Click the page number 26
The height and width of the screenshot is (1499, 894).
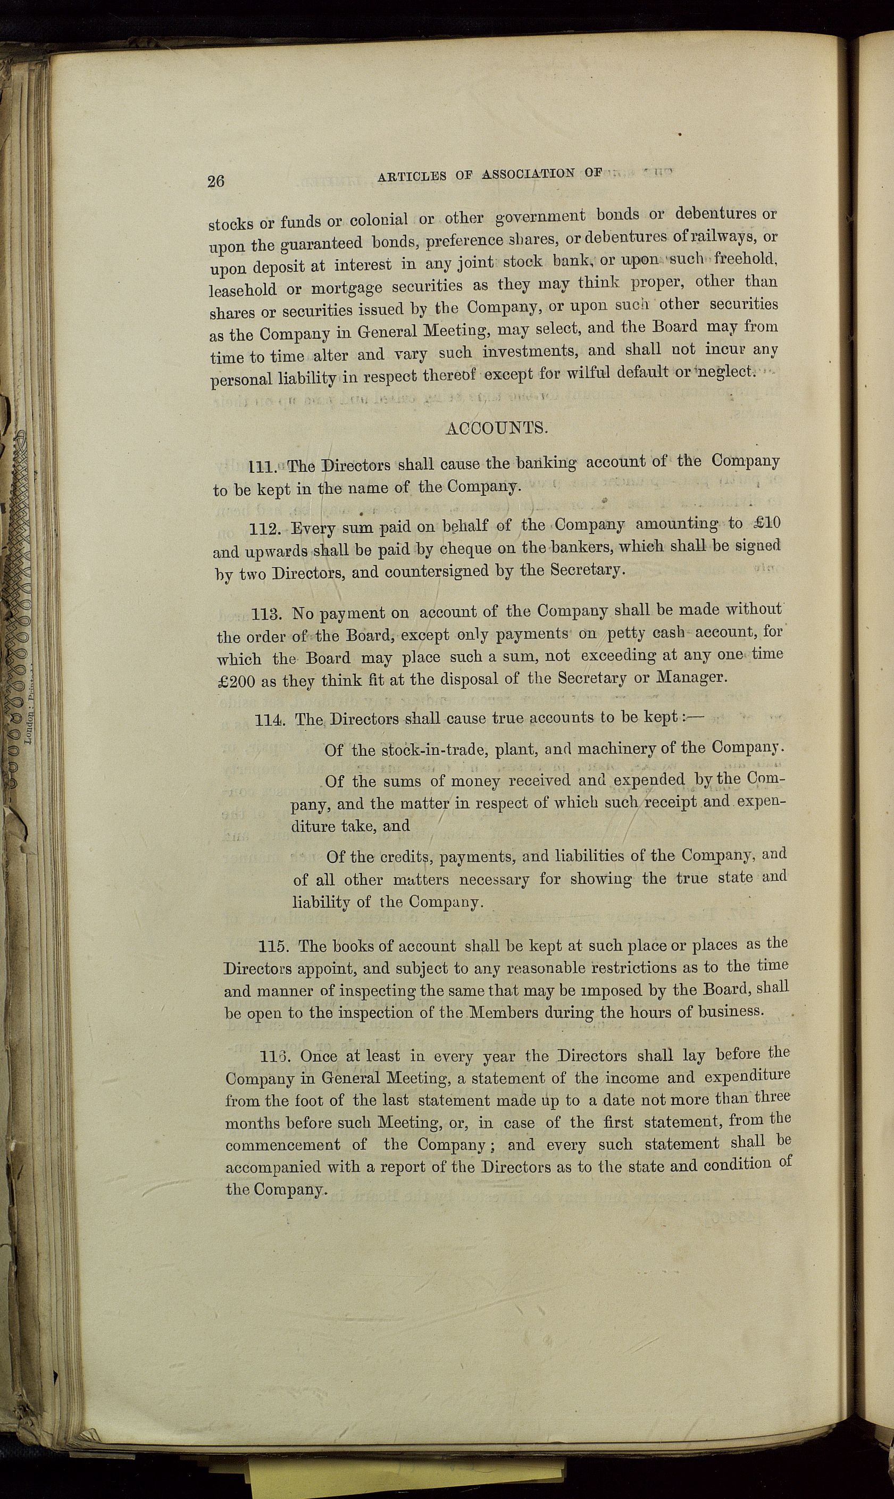pyautogui.click(x=216, y=181)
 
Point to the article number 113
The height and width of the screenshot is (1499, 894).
pyautogui.click(x=268, y=615)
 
